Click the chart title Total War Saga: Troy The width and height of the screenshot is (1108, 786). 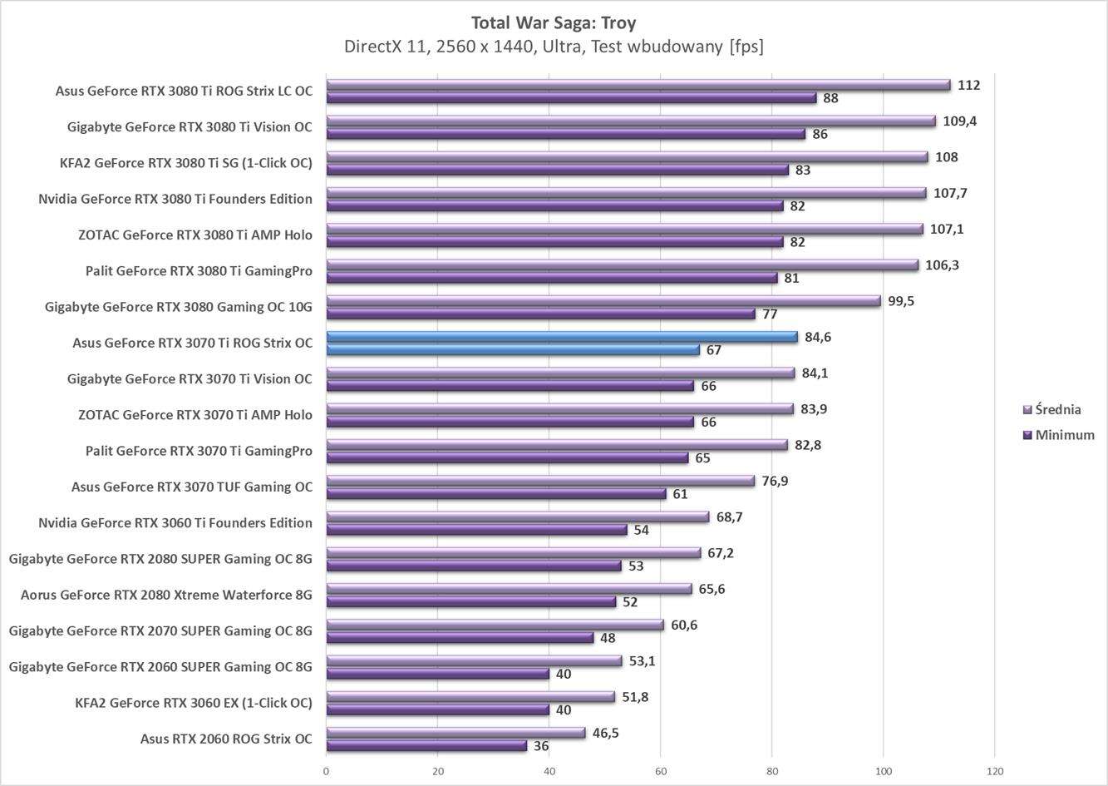[554, 22]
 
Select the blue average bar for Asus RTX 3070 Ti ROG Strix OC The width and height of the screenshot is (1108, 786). [561, 337]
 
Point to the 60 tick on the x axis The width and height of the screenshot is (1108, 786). [661, 771]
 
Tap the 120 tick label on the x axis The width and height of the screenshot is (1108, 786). [995, 771]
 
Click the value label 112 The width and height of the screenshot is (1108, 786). [968, 85]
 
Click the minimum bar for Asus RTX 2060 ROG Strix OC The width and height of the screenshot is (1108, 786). [426, 746]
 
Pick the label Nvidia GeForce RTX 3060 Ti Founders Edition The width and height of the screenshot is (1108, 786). [175, 523]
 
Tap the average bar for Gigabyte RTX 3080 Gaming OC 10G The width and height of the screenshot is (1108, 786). [603, 301]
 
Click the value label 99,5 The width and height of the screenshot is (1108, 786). [900, 301]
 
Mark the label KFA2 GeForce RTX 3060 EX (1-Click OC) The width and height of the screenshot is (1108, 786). [193, 703]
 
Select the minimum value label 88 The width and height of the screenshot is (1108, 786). [830, 98]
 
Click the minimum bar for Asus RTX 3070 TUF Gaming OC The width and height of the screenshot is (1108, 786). [495, 494]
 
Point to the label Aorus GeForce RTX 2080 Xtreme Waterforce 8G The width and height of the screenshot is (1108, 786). [166, 595]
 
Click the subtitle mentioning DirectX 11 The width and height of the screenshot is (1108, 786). [554, 47]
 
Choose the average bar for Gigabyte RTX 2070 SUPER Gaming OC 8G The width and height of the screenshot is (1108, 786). [495, 625]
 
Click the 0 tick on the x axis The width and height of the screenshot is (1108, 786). [326, 771]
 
